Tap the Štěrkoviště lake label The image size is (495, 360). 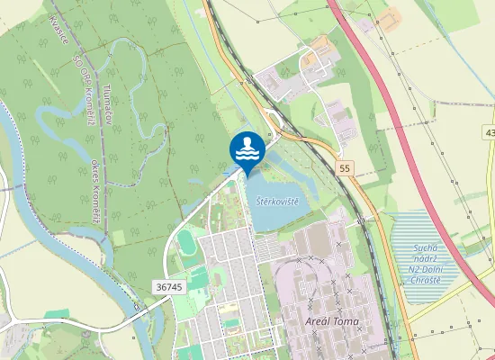coord(275,199)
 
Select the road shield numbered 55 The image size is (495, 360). coord(346,168)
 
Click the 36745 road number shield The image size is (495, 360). coord(168,286)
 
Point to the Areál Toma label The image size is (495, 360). coord(333,321)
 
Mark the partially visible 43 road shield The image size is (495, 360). coord(490,133)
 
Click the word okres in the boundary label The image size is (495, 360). coord(95,169)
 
